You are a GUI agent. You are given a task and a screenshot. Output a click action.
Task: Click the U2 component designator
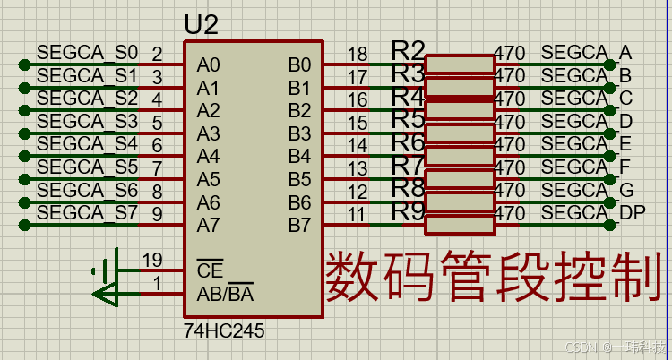click(x=202, y=24)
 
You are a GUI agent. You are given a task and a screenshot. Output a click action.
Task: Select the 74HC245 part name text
click(x=224, y=330)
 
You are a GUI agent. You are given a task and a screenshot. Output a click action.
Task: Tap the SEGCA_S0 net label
click(x=89, y=52)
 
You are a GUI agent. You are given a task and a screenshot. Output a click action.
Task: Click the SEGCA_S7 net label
click(x=89, y=213)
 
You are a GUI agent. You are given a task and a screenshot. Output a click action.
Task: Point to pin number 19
click(x=152, y=261)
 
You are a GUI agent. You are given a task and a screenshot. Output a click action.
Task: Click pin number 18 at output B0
click(x=357, y=54)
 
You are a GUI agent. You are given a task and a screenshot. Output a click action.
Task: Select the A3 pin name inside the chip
click(x=208, y=133)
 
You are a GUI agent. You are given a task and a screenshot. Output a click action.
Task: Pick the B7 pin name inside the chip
click(x=299, y=225)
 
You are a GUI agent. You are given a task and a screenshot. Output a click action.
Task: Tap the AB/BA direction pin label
click(x=225, y=294)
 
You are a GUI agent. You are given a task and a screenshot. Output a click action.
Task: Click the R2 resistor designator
click(x=409, y=50)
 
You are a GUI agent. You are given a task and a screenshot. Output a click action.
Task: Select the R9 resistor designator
click(x=409, y=211)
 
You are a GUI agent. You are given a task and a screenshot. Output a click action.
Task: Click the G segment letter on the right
click(x=626, y=190)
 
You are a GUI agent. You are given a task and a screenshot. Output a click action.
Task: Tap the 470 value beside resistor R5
click(x=510, y=121)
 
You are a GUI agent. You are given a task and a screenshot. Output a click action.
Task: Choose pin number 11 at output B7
click(x=357, y=215)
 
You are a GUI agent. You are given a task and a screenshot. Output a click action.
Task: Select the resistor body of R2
click(x=460, y=64)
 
